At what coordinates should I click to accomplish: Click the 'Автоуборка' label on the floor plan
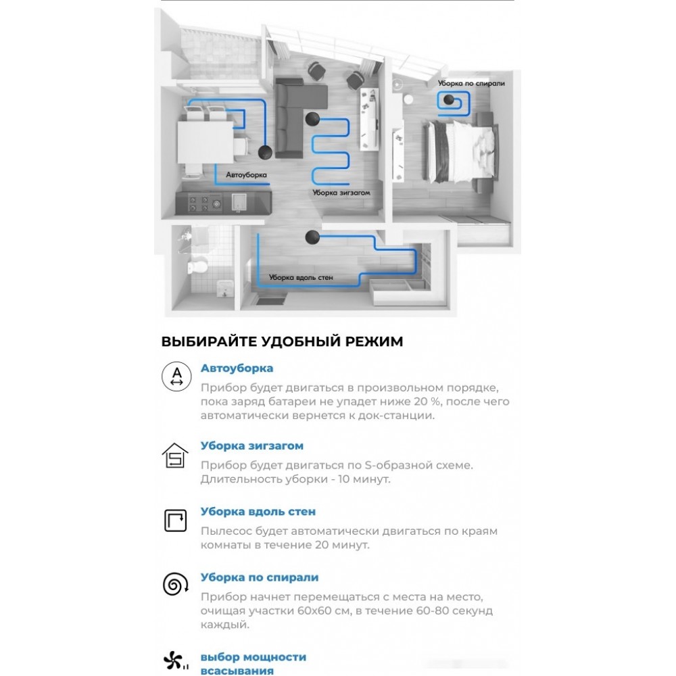tap(246, 175)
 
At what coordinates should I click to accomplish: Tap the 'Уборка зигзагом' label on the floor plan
tap(341, 193)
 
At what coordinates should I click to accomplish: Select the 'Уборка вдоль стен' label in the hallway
tap(301, 277)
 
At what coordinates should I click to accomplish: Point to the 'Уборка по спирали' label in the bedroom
tap(471, 83)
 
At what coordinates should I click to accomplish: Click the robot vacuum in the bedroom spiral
tap(449, 99)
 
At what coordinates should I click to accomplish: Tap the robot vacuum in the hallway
tap(312, 236)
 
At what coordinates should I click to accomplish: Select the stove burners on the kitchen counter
tap(205, 203)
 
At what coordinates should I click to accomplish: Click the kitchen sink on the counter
tap(239, 201)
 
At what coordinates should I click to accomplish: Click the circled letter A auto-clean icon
tap(176, 377)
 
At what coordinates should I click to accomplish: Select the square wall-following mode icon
tap(176, 521)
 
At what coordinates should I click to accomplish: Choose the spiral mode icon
tap(176, 584)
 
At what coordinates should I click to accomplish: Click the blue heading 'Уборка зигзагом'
tap(252, 445)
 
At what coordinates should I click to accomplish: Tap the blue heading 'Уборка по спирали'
tap(260, 578)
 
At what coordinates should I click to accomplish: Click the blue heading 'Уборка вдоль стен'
tap(258, 512)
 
